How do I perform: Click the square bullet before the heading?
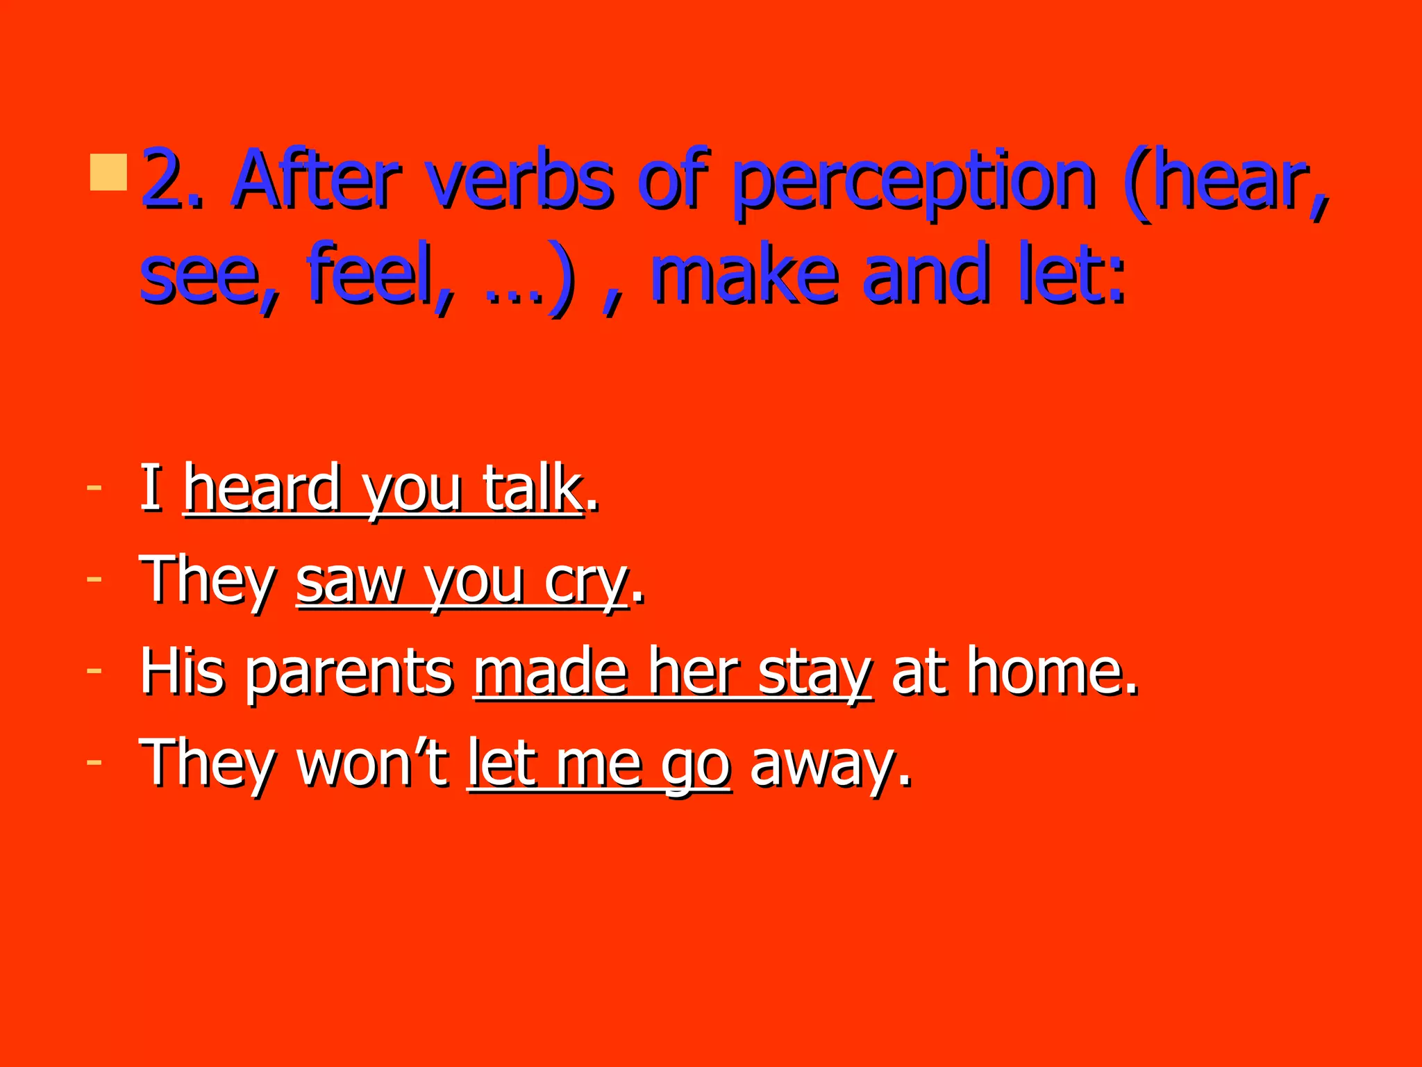coord(108,172)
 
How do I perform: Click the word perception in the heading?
coord(914,182)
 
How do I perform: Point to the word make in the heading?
coord(744,275)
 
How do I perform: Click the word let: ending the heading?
coord(1071,275)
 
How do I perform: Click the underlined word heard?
coord(262,489)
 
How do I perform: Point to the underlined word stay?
coord(814,672)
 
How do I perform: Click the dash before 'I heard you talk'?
coord(94,488)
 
